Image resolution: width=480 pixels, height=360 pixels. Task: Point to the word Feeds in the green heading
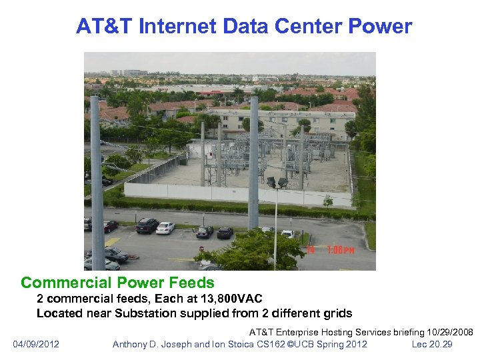click(189, 283)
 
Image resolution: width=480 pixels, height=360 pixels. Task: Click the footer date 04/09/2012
click(36, 344)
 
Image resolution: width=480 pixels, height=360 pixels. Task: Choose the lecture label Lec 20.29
click(432, 344)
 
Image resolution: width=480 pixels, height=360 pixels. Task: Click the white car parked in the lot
click(165, 227)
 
